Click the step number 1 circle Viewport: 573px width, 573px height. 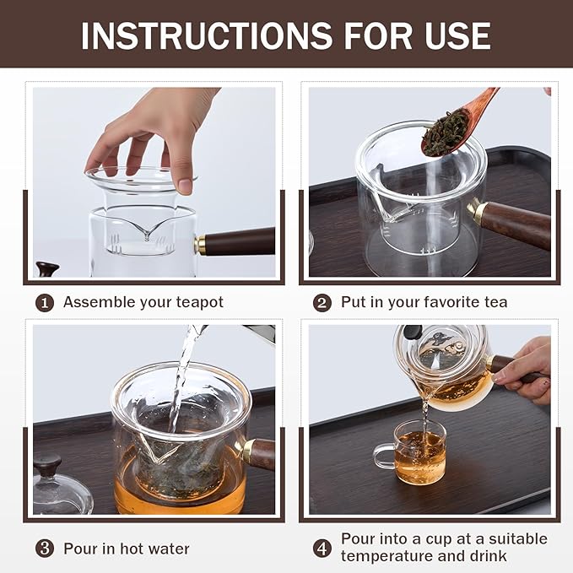pos(44,302)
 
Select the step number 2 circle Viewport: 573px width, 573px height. pos(322,302)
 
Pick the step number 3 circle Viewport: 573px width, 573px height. pos(44,548)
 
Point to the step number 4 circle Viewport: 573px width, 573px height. pos(322,548)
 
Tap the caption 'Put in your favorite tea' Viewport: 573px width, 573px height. pos(424,302)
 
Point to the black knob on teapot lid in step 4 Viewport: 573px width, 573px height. pos(412,332)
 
